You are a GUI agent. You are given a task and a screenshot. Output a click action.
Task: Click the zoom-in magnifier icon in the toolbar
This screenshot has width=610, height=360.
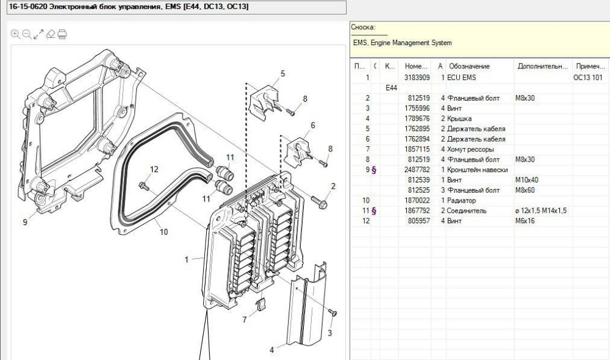(x=15, y=34)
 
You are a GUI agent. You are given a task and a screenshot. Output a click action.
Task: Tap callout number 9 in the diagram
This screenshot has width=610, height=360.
(x=25, y=223)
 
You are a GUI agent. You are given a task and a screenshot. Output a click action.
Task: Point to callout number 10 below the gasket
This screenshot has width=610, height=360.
(x=163, y=232)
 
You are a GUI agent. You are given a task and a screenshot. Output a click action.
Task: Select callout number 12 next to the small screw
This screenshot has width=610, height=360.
(x=154, y=169)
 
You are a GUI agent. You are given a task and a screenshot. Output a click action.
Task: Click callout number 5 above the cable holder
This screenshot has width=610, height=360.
(x=283, y=74)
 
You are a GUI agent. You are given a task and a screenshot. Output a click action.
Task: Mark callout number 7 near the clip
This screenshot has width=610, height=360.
(x=245, y=319)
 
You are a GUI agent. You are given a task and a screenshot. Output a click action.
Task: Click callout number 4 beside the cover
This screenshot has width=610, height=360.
(x=272, y=350)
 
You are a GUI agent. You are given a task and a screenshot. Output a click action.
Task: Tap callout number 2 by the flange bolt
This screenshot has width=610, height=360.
(x=333, y=186)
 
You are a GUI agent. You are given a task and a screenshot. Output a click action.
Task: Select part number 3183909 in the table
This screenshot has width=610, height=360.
(x=417, y=77)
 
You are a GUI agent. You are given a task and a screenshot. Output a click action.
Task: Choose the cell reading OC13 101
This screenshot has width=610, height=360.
(x=587, y=77)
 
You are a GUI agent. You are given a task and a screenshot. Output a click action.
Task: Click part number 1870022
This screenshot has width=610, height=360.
(x=417, y=200)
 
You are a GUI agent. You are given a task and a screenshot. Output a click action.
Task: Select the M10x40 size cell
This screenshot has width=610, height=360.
(x=529, y=180)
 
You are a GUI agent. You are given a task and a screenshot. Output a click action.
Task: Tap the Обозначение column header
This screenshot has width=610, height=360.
(x=469, y=66)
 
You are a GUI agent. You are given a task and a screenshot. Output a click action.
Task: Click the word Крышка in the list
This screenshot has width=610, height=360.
(x=459, y=118)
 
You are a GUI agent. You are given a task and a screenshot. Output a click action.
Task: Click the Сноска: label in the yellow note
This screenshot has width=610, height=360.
(x=363, y=27)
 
